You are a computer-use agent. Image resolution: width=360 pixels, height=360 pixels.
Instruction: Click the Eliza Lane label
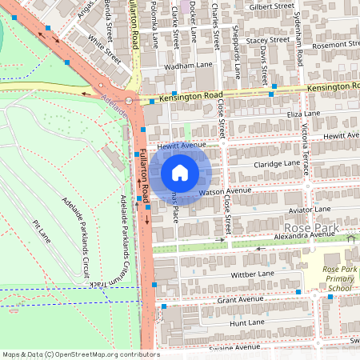coord(281,115)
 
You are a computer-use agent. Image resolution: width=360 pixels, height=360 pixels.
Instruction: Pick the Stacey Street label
coord(267,39)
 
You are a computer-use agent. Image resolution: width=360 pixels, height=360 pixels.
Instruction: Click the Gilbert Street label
coord(273,6)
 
